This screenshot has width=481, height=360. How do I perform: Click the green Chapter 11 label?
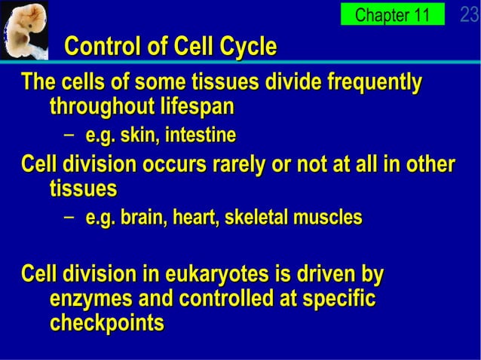pyautogui.click(x=391, y=14)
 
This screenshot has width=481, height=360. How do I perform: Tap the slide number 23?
pyautogui.click(x=469, y=14)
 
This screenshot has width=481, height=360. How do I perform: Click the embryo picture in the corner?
pyautogui.click(x=24, y=29)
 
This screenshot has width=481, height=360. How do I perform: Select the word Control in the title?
pyautogui.click(x=103, y=47)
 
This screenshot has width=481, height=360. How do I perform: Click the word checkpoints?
pyautogui.click(x=106, y=324)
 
